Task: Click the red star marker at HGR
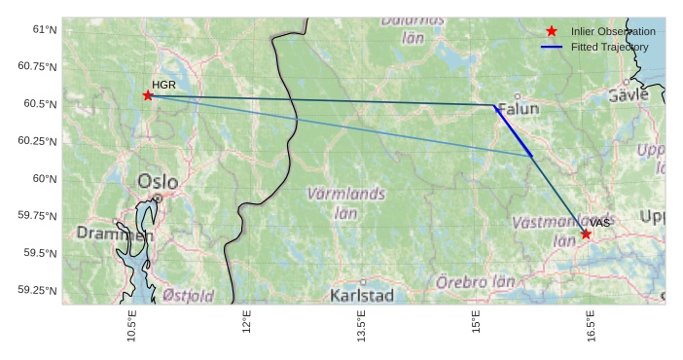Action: (148, 95)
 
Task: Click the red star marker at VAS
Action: (586, 234)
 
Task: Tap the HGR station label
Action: (162, 86)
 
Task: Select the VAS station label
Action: (599, 223)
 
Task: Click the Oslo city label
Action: (158, 181)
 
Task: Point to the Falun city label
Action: (518, 110)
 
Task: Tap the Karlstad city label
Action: (362, 295)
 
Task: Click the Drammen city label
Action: (115, 234)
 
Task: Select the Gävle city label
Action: (628, 95)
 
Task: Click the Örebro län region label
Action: (475, 281)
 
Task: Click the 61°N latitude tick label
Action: (45, 29)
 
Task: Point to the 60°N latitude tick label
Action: (45, 178)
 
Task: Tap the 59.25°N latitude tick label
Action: (38, 290)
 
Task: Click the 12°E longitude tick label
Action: (246, 325)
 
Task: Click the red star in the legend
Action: (553, 31)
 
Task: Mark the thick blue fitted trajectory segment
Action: (514, 131)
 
